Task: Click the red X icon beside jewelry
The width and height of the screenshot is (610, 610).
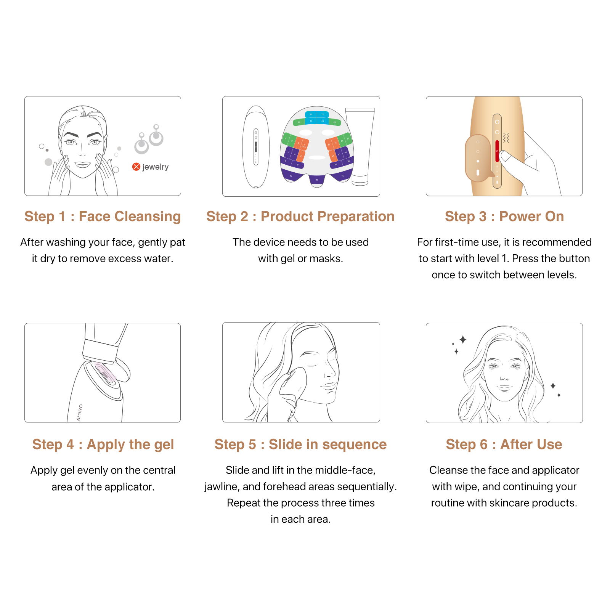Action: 136,167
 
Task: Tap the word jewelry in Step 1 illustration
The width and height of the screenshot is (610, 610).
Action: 156,167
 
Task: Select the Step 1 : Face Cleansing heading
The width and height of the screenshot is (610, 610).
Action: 103,216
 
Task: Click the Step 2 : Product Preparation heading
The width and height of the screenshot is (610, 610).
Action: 300,216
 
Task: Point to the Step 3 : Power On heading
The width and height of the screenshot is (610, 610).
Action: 504,216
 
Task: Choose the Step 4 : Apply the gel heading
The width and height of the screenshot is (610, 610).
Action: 103,444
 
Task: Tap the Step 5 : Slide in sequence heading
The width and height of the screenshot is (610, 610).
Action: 300,444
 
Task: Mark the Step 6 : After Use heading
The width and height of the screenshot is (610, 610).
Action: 504,444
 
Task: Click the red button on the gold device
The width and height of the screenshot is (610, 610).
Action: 497,151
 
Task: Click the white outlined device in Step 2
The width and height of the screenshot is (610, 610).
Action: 256,147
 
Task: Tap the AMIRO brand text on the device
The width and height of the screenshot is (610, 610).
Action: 80,413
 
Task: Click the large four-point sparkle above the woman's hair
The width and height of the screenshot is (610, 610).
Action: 463,339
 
